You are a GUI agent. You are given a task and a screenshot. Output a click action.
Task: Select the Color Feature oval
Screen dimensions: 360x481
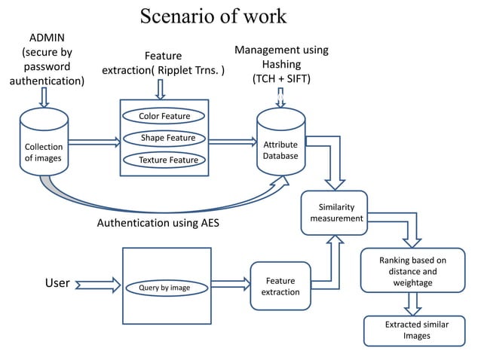point(164,116)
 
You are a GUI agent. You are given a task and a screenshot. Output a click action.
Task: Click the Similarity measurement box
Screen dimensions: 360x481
point(336,212)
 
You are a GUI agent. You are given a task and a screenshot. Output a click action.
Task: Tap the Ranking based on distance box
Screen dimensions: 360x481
point(412,271)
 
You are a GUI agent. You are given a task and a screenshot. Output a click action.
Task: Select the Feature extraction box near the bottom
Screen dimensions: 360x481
point(280,286)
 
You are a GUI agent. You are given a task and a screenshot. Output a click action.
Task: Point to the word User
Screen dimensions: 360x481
point(57,284)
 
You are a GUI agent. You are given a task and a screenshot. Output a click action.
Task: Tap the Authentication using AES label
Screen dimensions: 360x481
point(158,224)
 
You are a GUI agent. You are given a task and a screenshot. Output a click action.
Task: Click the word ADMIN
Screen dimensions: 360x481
point(47,38)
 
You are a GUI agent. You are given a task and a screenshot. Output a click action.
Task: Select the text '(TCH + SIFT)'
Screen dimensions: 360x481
point(281,78)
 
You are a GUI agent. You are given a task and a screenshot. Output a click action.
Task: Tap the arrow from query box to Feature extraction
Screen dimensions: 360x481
point(231,283)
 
